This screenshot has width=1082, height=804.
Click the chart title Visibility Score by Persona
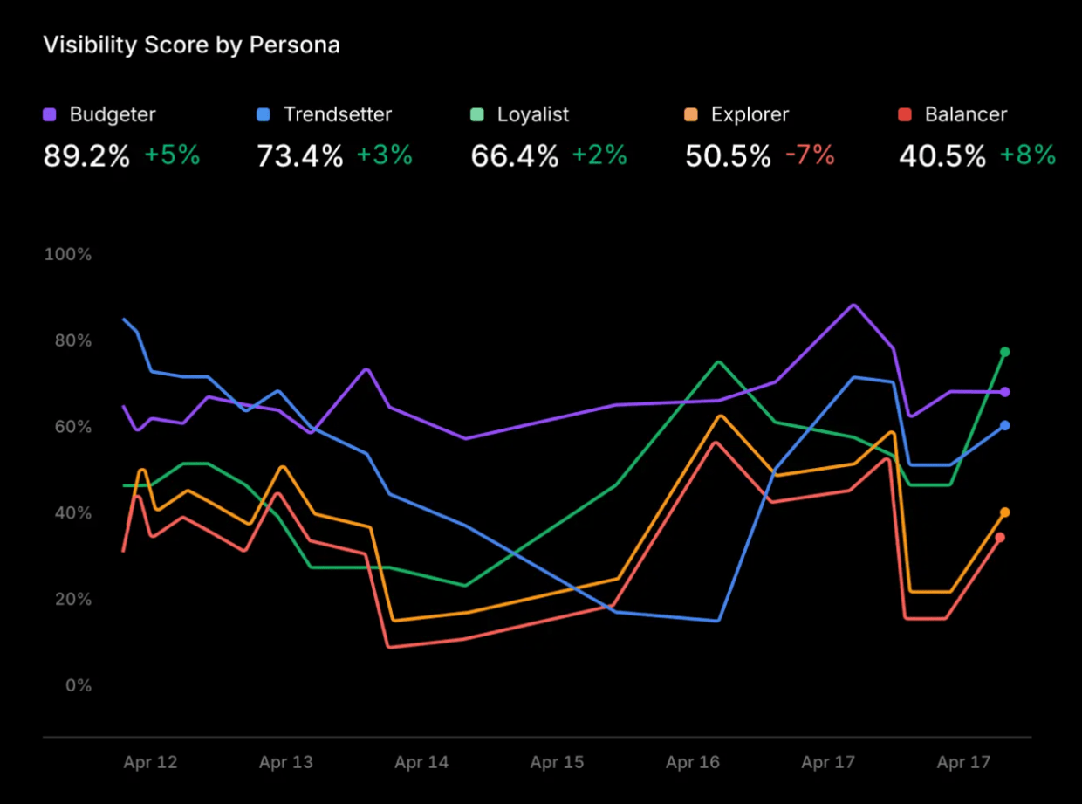[x=191, y=45]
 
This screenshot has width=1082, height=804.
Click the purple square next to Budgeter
[x=50, y=114]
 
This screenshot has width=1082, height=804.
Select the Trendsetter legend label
[x=338, y=114]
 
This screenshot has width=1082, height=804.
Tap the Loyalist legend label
[x=533, y=114]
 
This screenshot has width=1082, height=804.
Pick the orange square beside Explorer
[x=692, y=114]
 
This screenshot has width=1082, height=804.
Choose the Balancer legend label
[x=966, y=114]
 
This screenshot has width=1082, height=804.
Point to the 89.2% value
[x=86, y=156]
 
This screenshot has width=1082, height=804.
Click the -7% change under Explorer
[x=810, y=156]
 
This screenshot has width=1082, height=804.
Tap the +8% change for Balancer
[x=1028, y=156]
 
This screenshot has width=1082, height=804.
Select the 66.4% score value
[x=514, y=156]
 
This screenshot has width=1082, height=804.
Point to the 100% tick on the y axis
[x=68, y=255]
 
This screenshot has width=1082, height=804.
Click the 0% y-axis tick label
[x=78, y=686]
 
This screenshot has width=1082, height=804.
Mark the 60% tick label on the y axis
[x=72, y=427]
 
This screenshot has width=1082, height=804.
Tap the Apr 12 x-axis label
[x=150, y=763]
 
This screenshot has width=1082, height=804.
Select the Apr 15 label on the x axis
[x=557, y=763]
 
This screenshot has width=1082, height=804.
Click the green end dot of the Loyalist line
[x=1004, y=352]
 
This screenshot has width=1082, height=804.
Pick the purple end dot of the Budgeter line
[x=1005, y=392]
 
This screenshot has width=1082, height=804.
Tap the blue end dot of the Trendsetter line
[x=1005, y=425]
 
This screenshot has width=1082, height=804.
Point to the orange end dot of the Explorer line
[x=1005, y=512]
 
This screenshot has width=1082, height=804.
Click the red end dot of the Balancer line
[x=1000, y=537]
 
